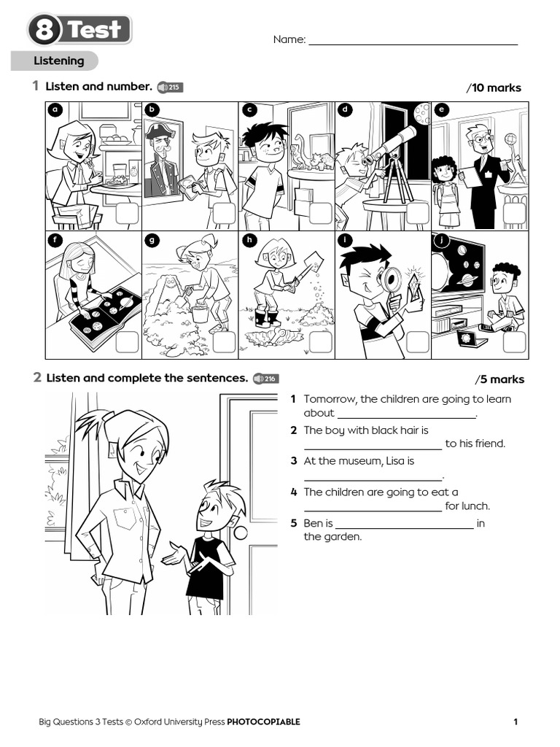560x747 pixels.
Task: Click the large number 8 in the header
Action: pyautogui.click(x=45, y=31)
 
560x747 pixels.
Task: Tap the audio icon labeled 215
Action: pyautogui.click(x=170, y=88)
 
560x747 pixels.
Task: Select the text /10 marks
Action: pyautogui.click(x=494, y=88)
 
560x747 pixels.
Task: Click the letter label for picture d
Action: pyautogui.click(x=345, y=110)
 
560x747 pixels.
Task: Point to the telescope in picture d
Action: pyautogui.click(x=391, y=146)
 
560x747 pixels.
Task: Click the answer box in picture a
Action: pyautogui.click(x=127, y=213)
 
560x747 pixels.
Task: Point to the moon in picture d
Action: pyautogui.click(x=421, y=112)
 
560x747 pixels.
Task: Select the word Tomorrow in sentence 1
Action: pyautogui.click(x=330, y=399)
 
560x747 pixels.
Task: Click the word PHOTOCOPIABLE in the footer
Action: pyautogui.click(x=263, y=722)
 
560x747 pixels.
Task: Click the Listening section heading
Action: pyautogui.click(x=58, y=61)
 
